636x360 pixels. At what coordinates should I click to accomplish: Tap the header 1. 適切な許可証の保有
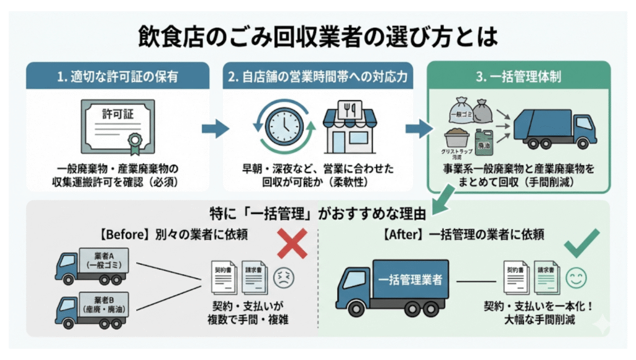click(117, 77)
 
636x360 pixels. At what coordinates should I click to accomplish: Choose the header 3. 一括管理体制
click(518, 77)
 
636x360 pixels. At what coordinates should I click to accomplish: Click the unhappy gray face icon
click(284, 277)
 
